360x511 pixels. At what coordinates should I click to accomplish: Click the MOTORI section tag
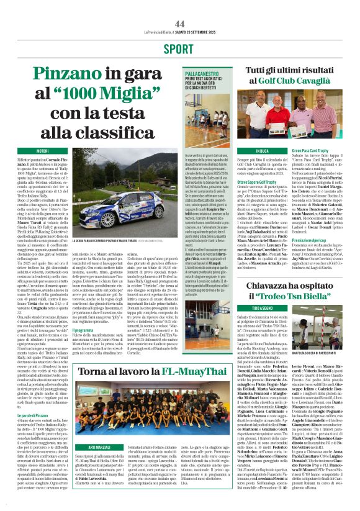tap(43, 151)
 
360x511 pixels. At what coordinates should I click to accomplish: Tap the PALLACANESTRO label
tap(202, 72)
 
